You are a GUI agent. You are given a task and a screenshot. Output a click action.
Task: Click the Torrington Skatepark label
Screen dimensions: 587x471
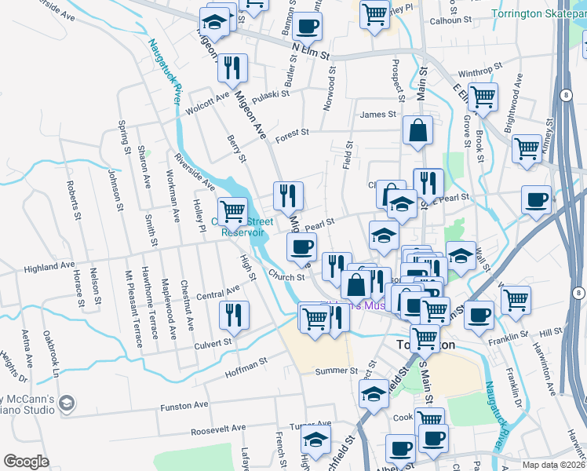pyautogui.click(x=538, y=13)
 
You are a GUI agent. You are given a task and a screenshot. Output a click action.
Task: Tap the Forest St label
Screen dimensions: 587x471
pyautogui.click(x=292, y=133)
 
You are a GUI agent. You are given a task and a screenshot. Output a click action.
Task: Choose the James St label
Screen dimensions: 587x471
pyautogui.click(x=377, y=115)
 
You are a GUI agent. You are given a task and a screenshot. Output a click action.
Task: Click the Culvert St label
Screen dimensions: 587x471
pyautogui.click(x=213, y=342)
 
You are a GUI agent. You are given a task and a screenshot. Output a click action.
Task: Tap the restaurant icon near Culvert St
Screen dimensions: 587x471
pyautogui.click(x=234, y=315)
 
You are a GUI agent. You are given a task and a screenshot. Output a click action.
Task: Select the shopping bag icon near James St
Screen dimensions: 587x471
pyautogui.click(x=418, y=130)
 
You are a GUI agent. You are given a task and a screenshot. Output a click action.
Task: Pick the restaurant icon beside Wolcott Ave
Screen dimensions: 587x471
pyautogui.click(x=232, y=68)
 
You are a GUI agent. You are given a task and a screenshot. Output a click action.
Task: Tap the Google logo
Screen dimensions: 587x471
pyautogui.click(x=26, y=461)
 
